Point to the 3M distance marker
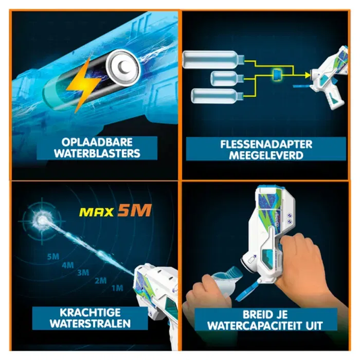tap(82, 273)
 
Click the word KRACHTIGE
tap(90, 313)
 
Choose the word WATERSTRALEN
tap(90, 324)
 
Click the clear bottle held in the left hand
tap(224, 283)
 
